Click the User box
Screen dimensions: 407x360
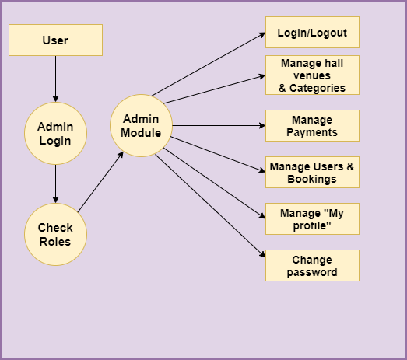[x=55, y=40]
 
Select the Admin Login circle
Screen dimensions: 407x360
[x=55, y=133]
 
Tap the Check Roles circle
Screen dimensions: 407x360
[x=55, y=235]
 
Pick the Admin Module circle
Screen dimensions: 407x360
[x=141, y=125]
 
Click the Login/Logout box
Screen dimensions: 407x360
[x=312, y=32]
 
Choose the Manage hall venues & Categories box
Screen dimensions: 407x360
[x=312, y=75]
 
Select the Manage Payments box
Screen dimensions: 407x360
[x=312, y=125]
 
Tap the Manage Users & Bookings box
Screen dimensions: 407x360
[x=312, y=172]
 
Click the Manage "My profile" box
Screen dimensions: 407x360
[x=312, y=219]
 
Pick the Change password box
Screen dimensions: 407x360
[x=312, y=266]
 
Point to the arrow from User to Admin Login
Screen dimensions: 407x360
[x=55, y=79]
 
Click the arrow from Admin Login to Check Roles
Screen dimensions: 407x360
[x=55, y=184]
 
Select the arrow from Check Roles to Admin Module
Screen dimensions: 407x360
[x=100, y=182]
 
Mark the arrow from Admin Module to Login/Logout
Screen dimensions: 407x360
[x=209, y=65]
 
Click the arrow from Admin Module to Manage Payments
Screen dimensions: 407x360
[x=219, y=125]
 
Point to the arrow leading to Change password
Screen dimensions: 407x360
[x=210, y=206]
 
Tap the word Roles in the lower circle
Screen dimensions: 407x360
[x=55, y=242]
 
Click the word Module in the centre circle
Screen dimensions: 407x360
[x=141, y=133]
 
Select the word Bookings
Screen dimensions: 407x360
[x=312, y=179]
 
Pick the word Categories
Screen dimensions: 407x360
[x=318, y=88]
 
